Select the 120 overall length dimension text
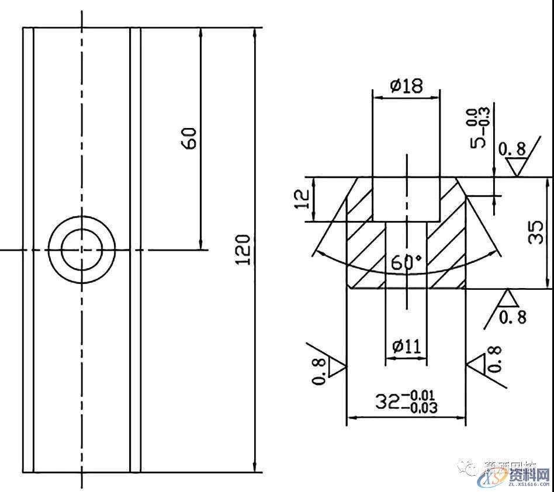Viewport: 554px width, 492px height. (x=244, y=250)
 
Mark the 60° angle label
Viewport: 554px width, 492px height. (x=406, y=263)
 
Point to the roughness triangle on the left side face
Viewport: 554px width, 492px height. (x=337, y=368)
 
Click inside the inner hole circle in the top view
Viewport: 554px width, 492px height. (x=82, y=250)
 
